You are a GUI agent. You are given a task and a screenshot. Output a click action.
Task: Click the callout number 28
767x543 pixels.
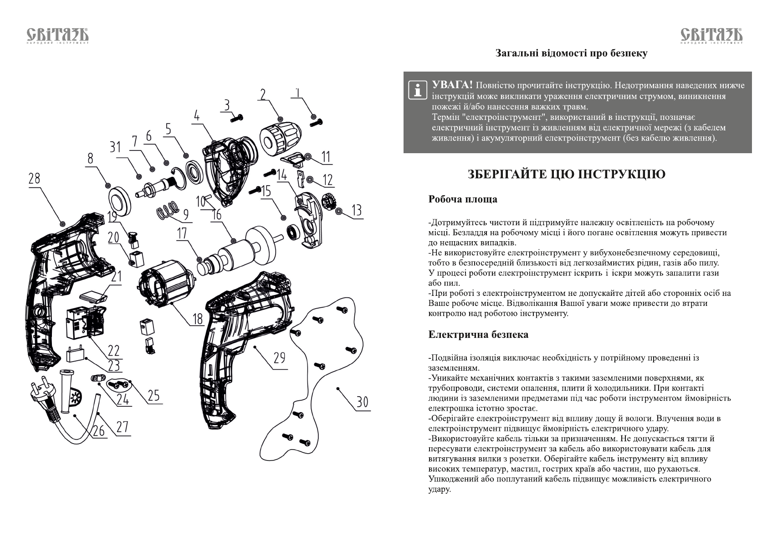click(34, 179)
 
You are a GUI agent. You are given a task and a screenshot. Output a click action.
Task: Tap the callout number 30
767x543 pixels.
click(362, 402)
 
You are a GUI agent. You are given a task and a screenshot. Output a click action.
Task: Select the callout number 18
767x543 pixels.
click(197, 318)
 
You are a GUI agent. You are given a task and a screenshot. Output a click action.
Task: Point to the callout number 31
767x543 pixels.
click(115, 147)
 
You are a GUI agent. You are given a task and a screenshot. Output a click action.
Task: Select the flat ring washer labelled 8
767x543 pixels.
click(120, 199)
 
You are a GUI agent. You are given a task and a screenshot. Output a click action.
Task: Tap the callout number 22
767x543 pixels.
click(113, 350)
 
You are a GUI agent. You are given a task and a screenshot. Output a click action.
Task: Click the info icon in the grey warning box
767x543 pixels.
click(416, 90)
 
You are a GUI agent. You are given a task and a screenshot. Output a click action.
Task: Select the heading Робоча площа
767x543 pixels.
click(462, 199)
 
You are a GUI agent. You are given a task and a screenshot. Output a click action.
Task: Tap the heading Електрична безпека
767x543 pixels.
click(478, 335)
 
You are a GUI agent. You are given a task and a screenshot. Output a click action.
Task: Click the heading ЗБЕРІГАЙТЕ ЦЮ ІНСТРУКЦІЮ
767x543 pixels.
click(567, 174)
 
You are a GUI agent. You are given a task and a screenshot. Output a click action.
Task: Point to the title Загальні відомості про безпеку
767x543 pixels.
click(571, 53)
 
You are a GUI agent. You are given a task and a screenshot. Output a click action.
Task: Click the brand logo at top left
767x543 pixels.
click(57, 36)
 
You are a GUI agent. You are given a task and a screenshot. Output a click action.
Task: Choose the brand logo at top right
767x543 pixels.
click(711, 36)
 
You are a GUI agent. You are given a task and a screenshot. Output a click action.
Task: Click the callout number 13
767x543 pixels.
click(357, 210)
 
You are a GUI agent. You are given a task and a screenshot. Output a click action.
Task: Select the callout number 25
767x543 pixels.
click(154, 395)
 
